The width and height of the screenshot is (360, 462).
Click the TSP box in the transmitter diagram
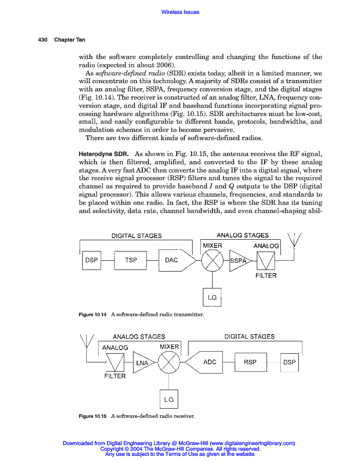click(x=131, y=260)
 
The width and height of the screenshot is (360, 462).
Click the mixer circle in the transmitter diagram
click(x=212, y=261)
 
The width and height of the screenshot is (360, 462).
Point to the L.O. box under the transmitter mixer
click(x=212, y=298)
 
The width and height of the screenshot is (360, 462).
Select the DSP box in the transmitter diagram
click(x=91, y=260)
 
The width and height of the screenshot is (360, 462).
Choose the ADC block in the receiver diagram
click(x=206, y=362)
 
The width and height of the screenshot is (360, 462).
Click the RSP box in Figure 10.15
click(x=250, y=362)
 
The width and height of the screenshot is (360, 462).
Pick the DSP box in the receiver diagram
click(x=289, y=362)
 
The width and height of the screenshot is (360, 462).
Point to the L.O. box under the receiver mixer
click(x=169, y=399)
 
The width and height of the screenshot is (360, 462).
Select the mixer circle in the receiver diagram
click(x=169, y=363)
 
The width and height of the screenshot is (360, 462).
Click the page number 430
click(x=43, y=40)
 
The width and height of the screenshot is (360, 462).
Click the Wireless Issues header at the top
click(x=180, y=12)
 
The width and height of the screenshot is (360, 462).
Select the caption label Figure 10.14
click(x=92, y=314)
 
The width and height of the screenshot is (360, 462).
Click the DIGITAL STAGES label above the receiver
click(x=249, y=337)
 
